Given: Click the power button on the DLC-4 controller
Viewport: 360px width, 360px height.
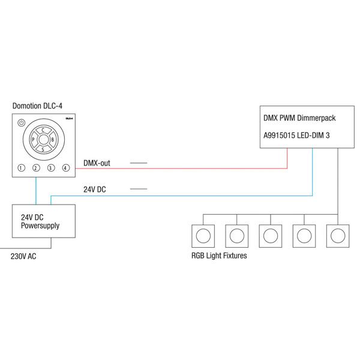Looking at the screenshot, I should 22,122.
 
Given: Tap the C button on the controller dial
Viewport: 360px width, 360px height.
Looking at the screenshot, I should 43,130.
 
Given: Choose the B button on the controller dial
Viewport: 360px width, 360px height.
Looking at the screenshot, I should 53,140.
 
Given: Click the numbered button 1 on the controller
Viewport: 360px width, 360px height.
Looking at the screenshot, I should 21,167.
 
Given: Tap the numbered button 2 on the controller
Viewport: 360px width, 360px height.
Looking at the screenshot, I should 36,167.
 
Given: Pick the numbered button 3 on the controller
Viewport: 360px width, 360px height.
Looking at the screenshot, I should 51,167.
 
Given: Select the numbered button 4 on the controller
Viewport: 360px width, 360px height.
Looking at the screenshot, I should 66,167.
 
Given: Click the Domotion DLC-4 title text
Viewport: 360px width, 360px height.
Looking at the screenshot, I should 37,106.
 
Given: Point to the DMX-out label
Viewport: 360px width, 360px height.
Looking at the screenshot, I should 97,163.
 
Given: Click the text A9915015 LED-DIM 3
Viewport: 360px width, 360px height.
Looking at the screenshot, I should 296,136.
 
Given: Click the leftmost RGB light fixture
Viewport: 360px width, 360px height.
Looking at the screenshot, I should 202,235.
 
